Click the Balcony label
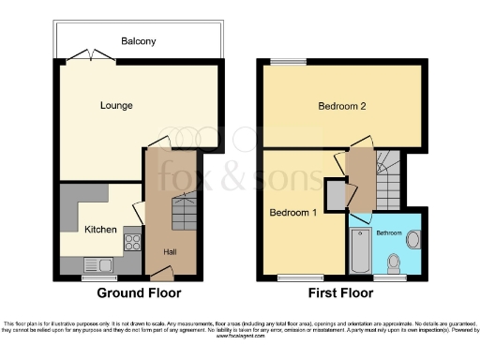(x=139, y=41)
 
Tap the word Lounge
(x=116, y=105)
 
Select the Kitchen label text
(x=100, y=229)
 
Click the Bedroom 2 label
(x=340, y=106)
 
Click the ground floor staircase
(x=184, y=215)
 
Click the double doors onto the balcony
(x=92, y=58)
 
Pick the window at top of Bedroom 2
(x=289, y=63)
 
